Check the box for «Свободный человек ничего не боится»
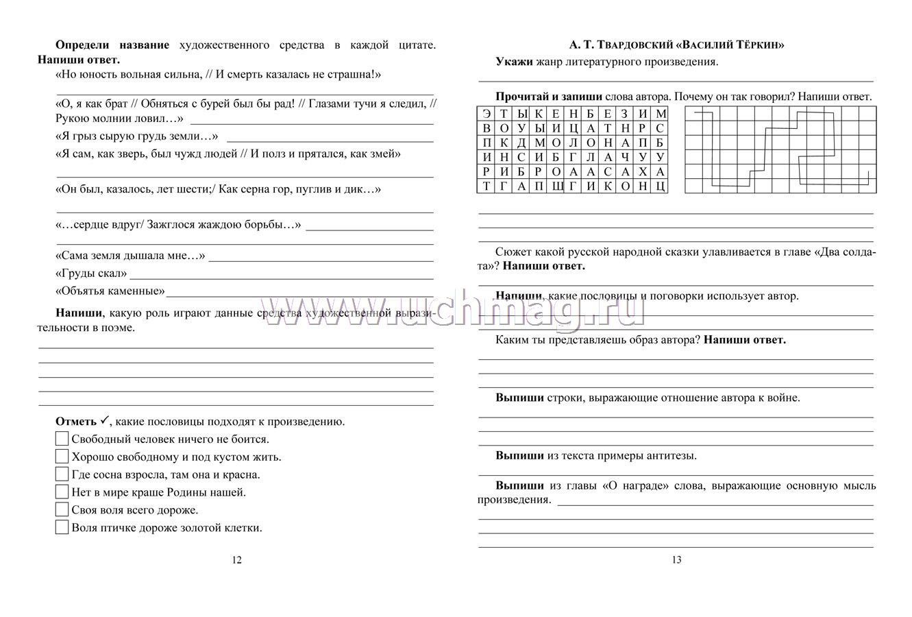(62, 439)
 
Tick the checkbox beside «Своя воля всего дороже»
(62, 509)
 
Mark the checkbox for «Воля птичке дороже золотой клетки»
(62, 527)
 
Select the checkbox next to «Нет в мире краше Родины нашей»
(62, 492)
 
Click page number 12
(236, 560)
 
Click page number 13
(676, 560)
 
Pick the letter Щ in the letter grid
(556, 186)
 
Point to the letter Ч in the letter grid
(625, 157)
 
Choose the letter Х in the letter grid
(642, 171)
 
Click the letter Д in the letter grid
(521, 143)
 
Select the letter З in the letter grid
(625, 114)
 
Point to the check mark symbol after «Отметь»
(104, 420)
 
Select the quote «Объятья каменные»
(110, 291)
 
